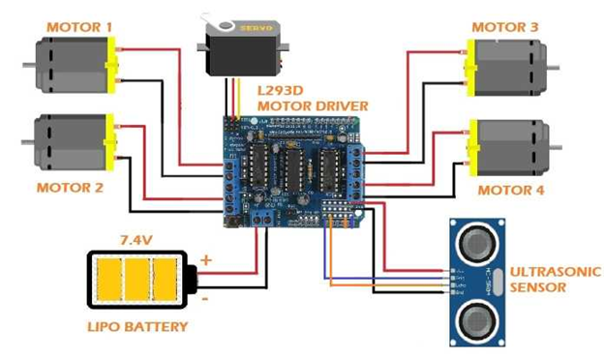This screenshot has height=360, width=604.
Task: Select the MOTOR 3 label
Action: tap(504, 27)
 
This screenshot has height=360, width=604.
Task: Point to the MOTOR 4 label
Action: tap(511, 191)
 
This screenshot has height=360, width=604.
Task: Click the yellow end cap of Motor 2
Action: tap(109, 142)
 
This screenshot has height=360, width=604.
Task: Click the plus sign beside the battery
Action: tap(205, 259)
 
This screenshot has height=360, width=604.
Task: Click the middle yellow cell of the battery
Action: tap(141, 279)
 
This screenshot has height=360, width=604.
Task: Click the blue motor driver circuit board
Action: tap(294, 170)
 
